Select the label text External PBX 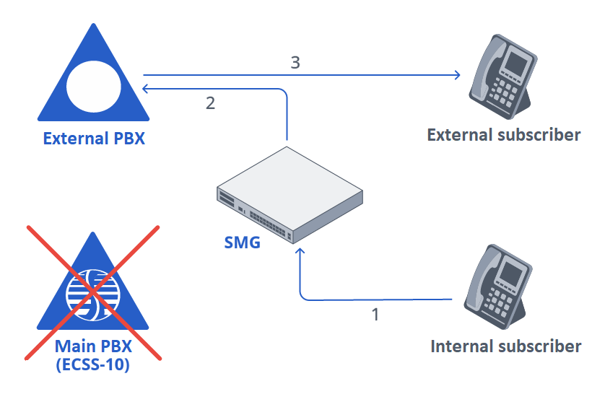pyautogui.click(x=94, y=138)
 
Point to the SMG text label pyautogui.click(x=241, y=241)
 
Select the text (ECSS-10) pyautogui.click(x=92, y=365)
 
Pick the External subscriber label pyautogui.click(x=504, y=135)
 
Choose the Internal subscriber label pyautogui.click(x=505, y=346)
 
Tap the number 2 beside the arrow pyautogui.click(x=210, y=103)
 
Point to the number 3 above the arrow pyautogui.click(x=295, y=62)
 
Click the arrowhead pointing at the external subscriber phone pyautogui.click(x=457, y=74)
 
